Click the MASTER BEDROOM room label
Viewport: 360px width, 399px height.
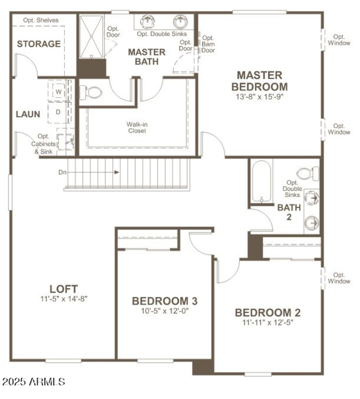pyautogui.click(x=260, y=81)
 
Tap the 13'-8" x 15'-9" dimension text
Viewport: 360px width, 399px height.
pyautogui.click(x=260, y=96)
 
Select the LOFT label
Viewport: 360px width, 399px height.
pyautogui.click(x=63, y=289)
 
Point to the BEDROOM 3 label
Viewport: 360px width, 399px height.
pyautogui.click(x=164, y=301)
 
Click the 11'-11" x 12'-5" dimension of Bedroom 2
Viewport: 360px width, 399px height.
pyautogui.click(x=267, y=322)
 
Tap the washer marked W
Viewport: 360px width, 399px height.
pyautogui.click(x=59, y=91)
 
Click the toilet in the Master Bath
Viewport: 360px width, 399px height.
pyautogui.click(x=91, y=93)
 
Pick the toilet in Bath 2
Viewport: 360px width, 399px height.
pyautogui.click(x=309, y=173)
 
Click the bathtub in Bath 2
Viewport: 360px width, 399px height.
pyautogui.click(x=261, y=182)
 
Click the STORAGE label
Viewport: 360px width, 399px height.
pyautogui.click(x=39, y=44)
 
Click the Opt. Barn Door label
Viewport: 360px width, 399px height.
pyautogui.click(x=208, y=44)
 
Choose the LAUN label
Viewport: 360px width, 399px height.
pyautogui.click(x=28, y=114)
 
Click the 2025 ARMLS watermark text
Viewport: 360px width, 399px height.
pyautogui.click(x=34, y=382)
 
